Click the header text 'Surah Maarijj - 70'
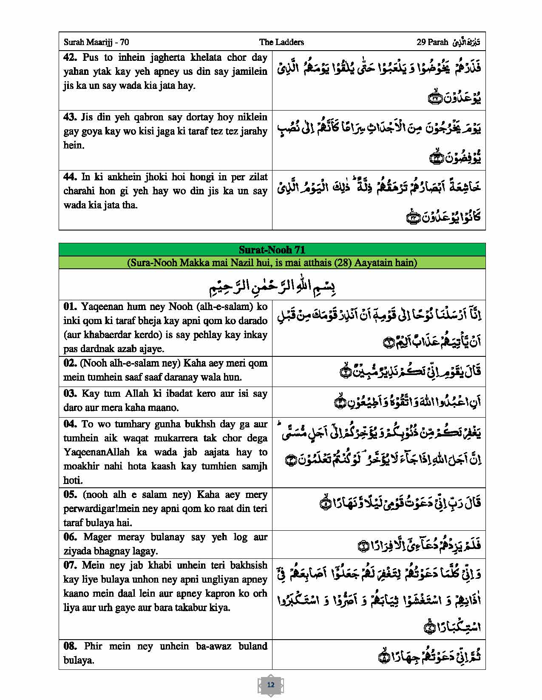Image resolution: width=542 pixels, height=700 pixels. [96, 42]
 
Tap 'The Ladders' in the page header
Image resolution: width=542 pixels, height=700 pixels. [281, 42]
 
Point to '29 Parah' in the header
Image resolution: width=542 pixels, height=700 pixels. [432, 42]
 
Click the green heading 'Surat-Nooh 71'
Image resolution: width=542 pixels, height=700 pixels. [272, 250]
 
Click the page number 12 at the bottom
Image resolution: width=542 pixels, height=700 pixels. [271, 685]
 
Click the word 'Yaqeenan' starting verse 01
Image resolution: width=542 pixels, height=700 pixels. [99, 307]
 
